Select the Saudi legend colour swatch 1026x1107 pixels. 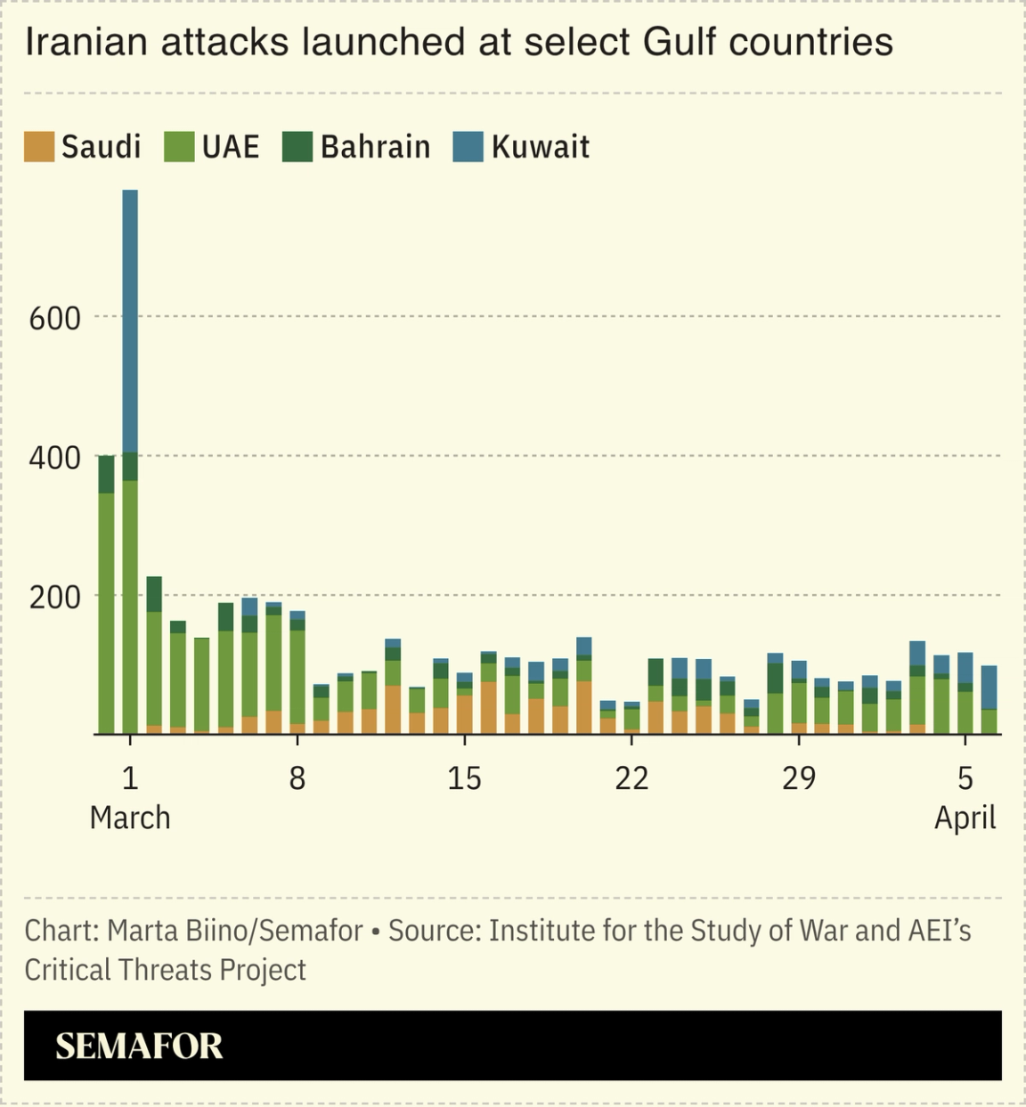point(39,147)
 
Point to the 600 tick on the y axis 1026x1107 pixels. point(55,318)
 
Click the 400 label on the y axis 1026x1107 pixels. point(55,458)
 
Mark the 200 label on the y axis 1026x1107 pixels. point(55,598)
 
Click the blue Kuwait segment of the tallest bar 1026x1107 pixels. point(130,321)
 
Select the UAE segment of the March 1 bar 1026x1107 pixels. point(130,606)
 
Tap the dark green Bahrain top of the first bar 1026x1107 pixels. point(106,474)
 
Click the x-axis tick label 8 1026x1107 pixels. point(297,778)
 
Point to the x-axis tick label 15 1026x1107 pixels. point(464,778)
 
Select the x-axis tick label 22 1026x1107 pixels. point(631,778)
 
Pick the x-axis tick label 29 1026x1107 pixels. point(798,778)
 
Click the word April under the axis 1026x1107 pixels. point(965,818)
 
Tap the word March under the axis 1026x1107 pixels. point(130,818)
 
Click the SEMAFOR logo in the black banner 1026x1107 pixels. point(139,1046)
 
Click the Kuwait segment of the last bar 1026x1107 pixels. point(989,687)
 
